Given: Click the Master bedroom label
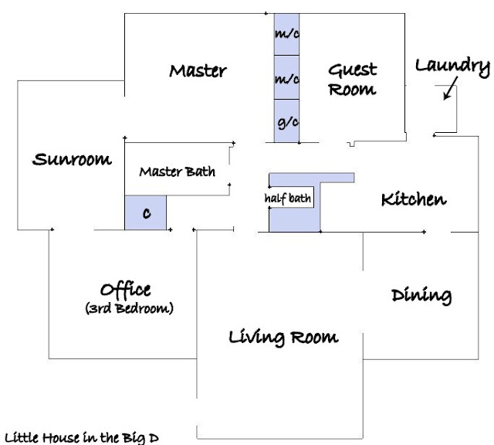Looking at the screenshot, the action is pos(198,71).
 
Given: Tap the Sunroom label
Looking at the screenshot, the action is pos(72,159).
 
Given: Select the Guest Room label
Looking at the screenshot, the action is pos(353,80).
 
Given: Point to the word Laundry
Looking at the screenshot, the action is pos(453,67).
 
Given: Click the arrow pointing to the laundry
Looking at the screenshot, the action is pos(450,88).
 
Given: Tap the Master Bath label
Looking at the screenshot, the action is pos(178,172).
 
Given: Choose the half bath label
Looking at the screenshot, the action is pos(288,199).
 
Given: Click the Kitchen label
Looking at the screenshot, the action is pos(414,199).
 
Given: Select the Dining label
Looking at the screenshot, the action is pos(421,296).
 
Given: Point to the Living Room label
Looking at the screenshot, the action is pos(283,338).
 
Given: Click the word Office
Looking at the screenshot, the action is pos(125,290).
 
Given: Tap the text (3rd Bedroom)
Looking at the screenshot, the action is pos(129,308).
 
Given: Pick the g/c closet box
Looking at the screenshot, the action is pos(286,121).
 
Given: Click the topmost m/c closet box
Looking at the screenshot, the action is pos(286,34).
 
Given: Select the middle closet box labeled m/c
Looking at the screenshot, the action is pos(286,77).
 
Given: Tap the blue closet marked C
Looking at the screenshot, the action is pos(146,212).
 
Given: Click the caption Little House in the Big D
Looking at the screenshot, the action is pos(82,438).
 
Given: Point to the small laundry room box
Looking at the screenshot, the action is pos(446,109).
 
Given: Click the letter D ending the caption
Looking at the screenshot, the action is pos(154,438).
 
